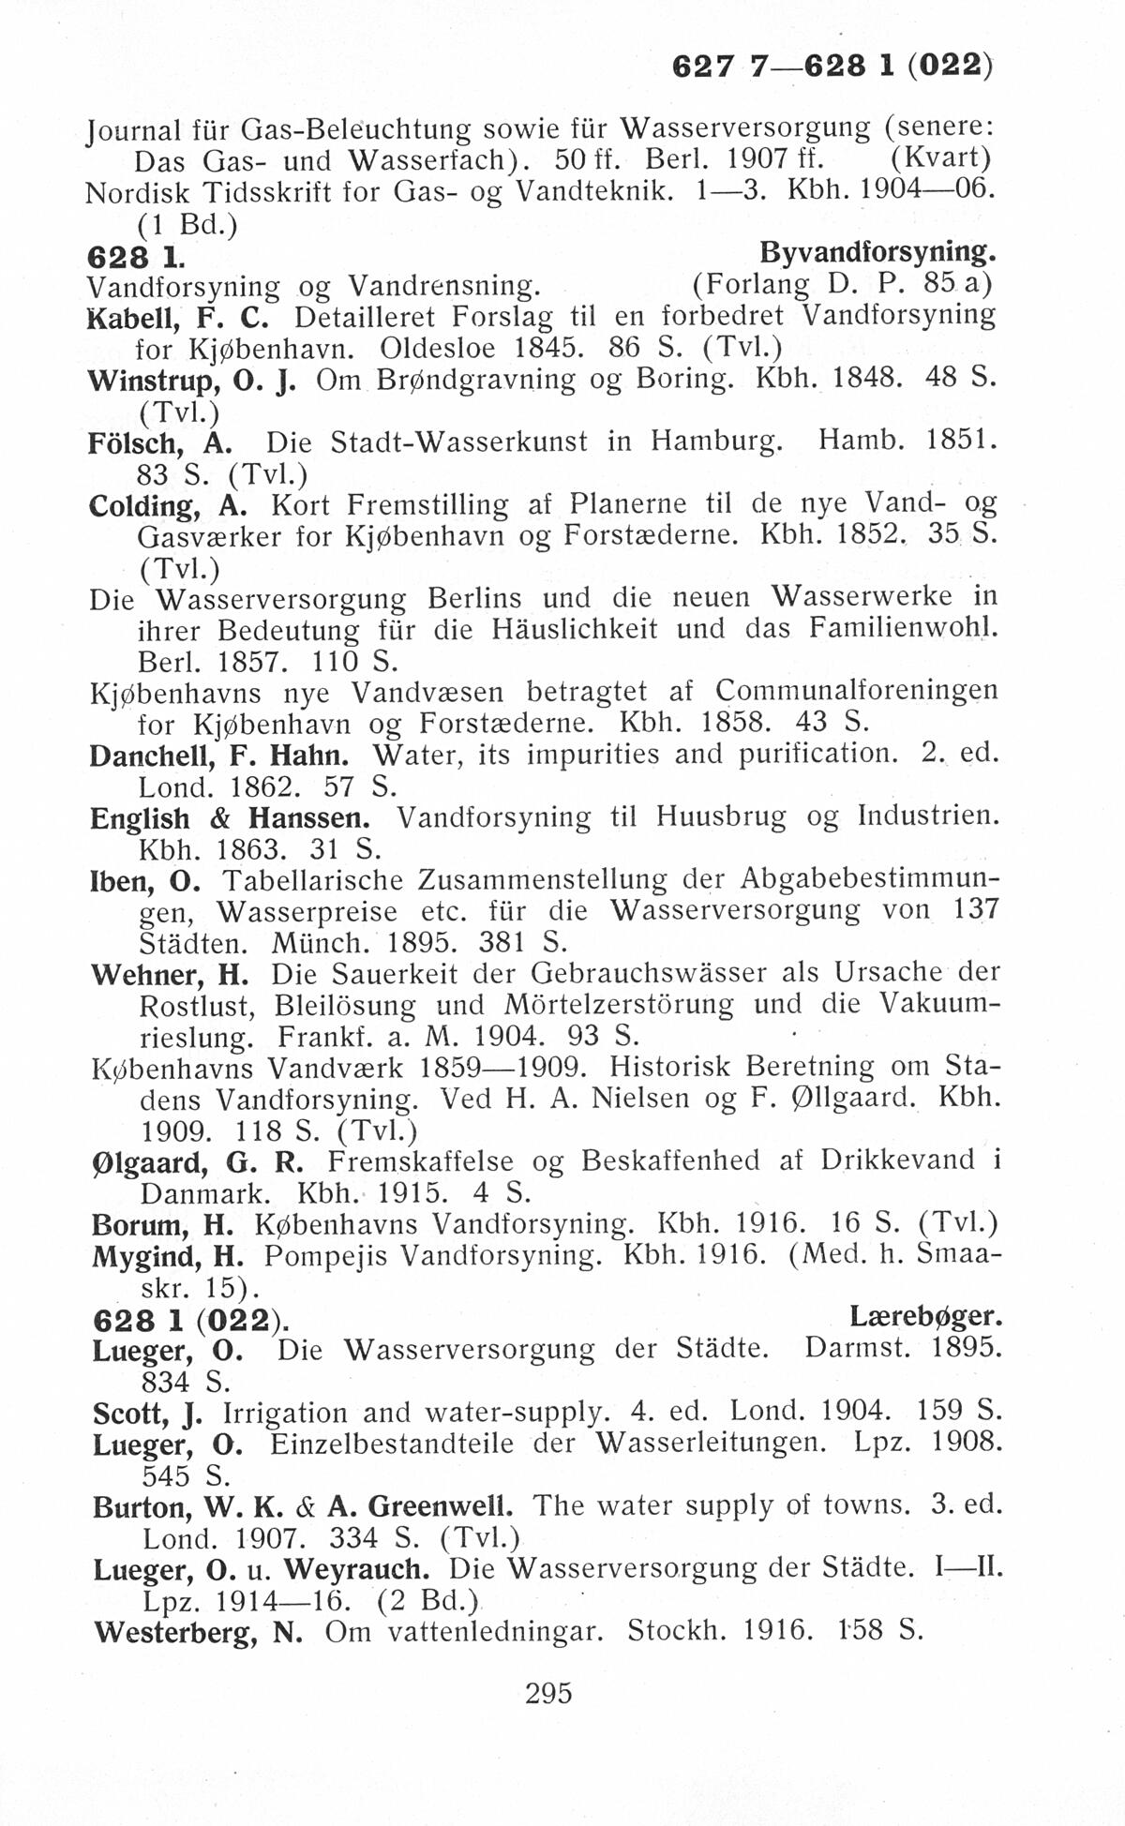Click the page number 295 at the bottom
click(548, 1693)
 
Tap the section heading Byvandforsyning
click(877, 253)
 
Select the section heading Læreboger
click(925, 1318)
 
